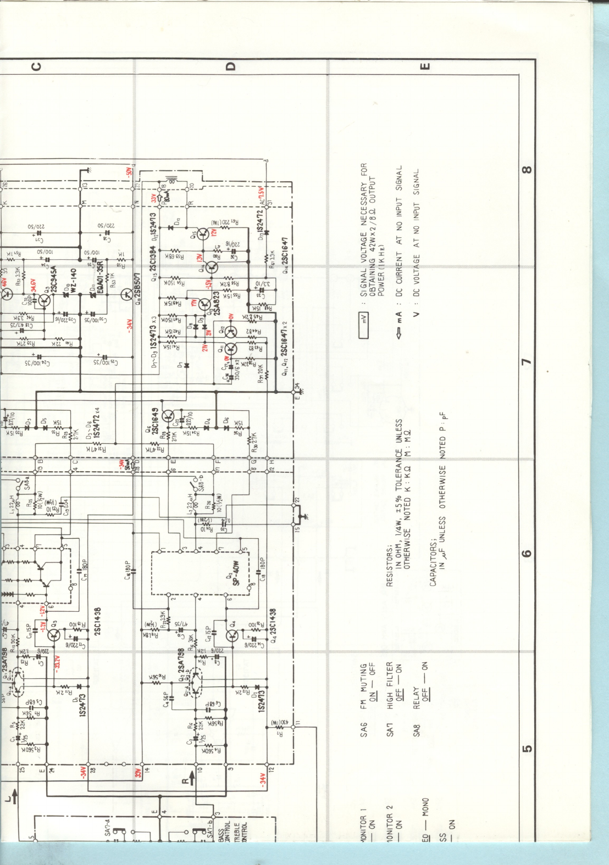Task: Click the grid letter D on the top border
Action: (x=230, y=66)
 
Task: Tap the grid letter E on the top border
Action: (x=424, y=66)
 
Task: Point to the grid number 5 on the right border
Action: (x=527, y=748)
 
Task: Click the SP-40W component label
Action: (x=236, y=573)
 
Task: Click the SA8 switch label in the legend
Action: (x=416, y=730)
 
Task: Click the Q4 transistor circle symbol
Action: (x=232, y=635)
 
